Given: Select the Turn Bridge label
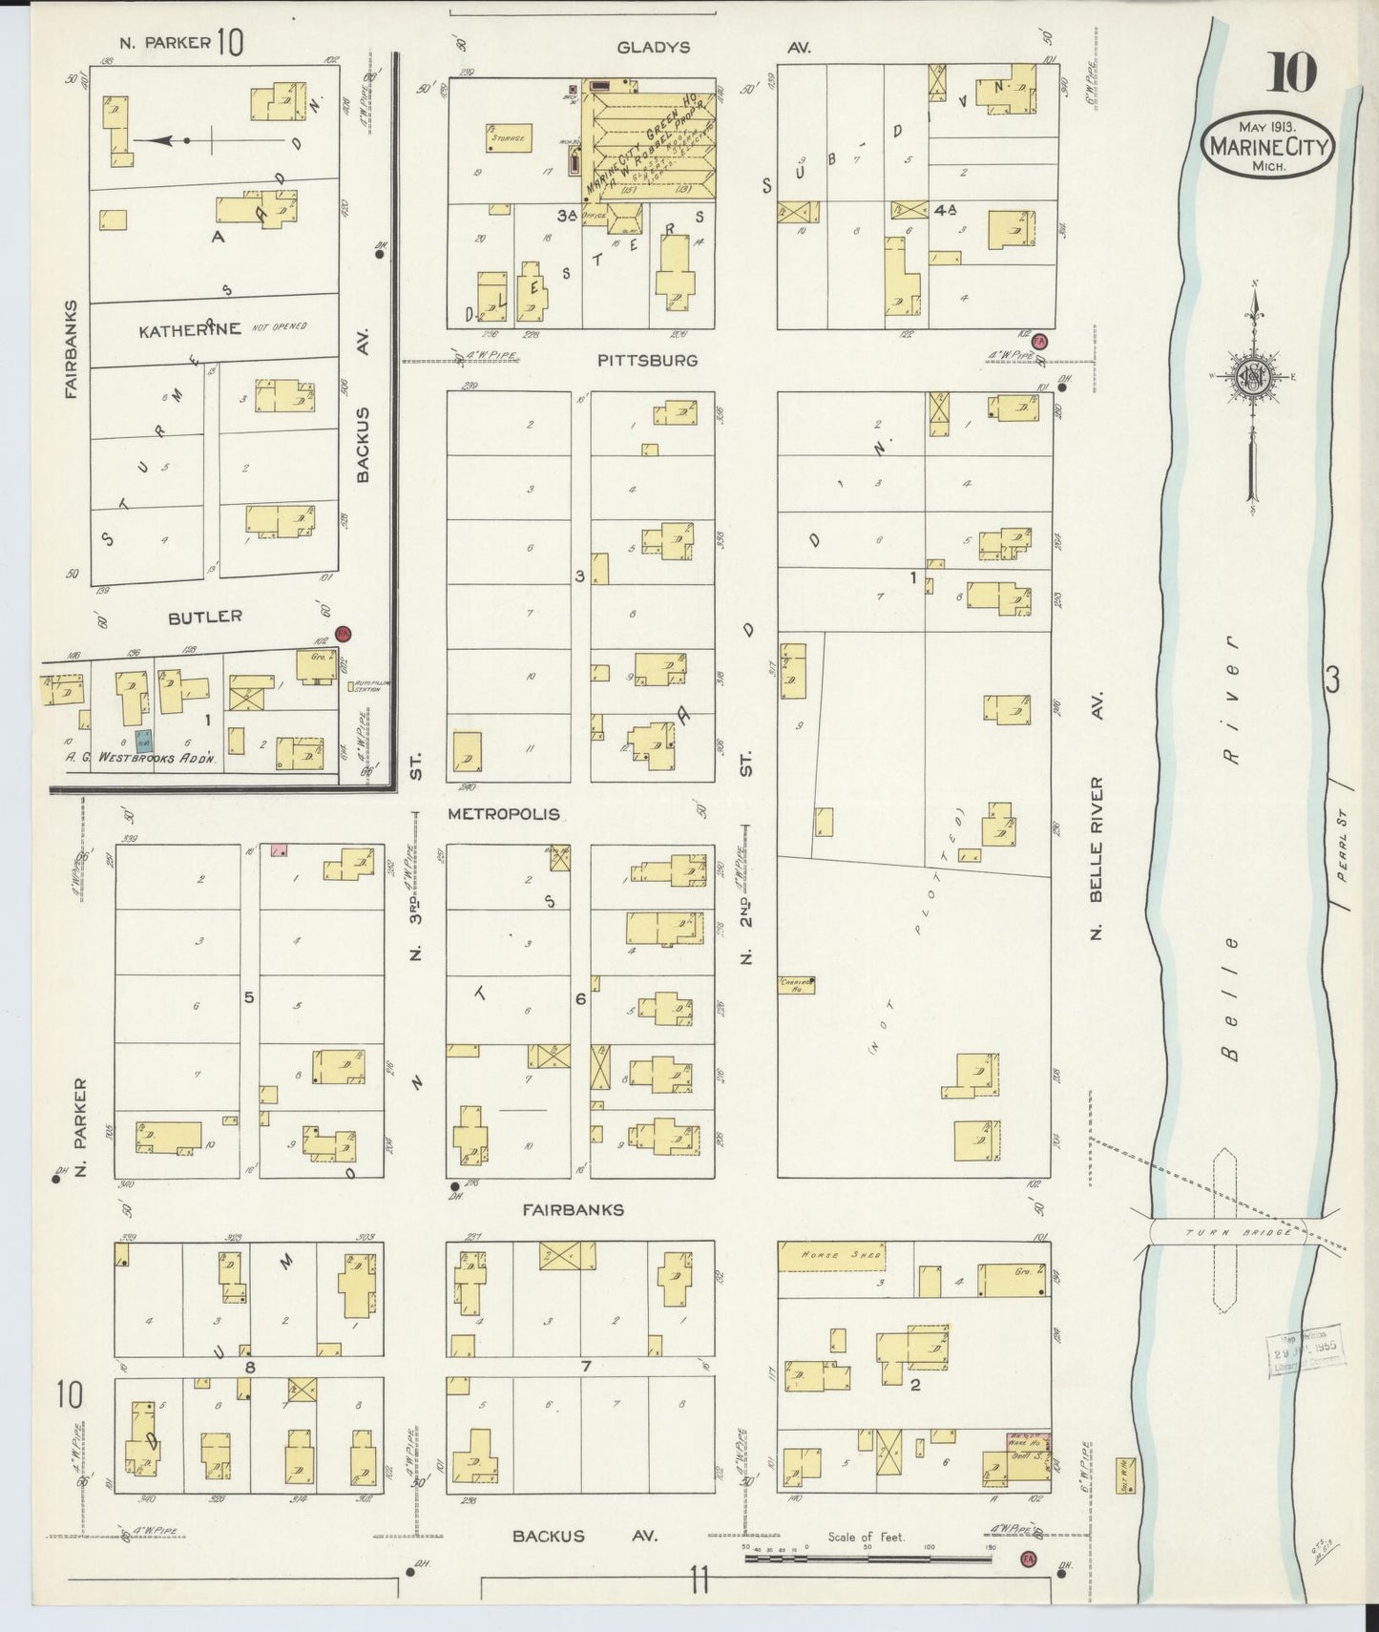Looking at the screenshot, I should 1237,1231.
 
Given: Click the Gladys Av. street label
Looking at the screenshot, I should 653,47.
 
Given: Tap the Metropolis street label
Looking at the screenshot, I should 504,814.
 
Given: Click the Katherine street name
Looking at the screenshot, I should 190,330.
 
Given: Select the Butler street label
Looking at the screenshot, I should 204,617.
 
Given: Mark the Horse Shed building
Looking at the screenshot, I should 829,1257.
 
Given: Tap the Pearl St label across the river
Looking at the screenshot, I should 1344,858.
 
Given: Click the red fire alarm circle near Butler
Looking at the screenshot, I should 345,634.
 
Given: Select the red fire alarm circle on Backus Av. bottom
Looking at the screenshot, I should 1028,1559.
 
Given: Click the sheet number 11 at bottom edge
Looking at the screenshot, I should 700,1581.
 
